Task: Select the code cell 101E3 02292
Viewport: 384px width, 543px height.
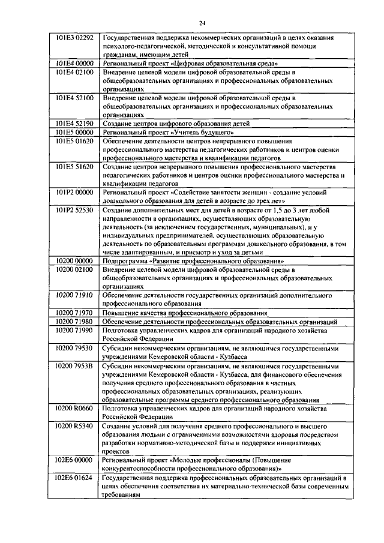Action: pos(74,38)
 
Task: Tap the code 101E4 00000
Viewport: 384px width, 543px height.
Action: pos(74,62)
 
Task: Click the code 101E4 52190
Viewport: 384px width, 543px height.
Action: pos(74,122)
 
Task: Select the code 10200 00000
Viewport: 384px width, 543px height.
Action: pos(74,262)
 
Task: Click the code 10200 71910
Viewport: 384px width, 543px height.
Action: pos(74,295)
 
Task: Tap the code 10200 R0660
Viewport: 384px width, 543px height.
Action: pos(74,408)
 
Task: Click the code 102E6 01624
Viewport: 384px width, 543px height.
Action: pos(74,478)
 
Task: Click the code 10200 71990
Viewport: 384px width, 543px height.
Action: pos(74,330)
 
